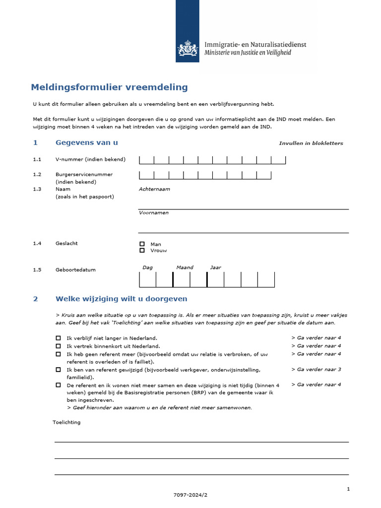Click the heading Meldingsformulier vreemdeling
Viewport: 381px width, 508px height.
[x=109, y=87]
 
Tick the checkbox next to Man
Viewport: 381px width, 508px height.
[x=142, y=244]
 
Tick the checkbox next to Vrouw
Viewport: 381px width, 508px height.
[x=142, y=251]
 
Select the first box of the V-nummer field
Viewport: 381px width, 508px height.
[x=146, y=160]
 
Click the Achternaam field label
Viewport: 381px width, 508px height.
[x=154, y=189]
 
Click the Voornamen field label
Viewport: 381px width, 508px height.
[x=153, y=213]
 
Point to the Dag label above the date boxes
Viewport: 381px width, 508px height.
[x=147, y=267]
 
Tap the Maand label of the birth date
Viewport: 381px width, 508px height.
[x=185, y=267]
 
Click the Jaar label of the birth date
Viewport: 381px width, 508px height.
[x=215, y=267]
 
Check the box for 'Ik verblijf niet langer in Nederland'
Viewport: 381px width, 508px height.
[x=59, y=338]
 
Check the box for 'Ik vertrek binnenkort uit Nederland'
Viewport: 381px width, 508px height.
[x=59, y=346]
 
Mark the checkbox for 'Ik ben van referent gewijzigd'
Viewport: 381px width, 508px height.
[x=59, y=370]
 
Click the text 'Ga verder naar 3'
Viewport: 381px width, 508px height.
[x=316, y=370]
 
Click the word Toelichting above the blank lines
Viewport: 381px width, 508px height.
[x=66, y=422]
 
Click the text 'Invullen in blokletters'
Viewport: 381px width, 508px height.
[x=311, y=143]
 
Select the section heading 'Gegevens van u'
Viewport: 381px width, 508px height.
[x=86, y=143]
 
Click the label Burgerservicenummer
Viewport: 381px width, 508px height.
[x=84, y=175]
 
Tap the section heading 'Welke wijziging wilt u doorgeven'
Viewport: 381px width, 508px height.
[x=121, y=299]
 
